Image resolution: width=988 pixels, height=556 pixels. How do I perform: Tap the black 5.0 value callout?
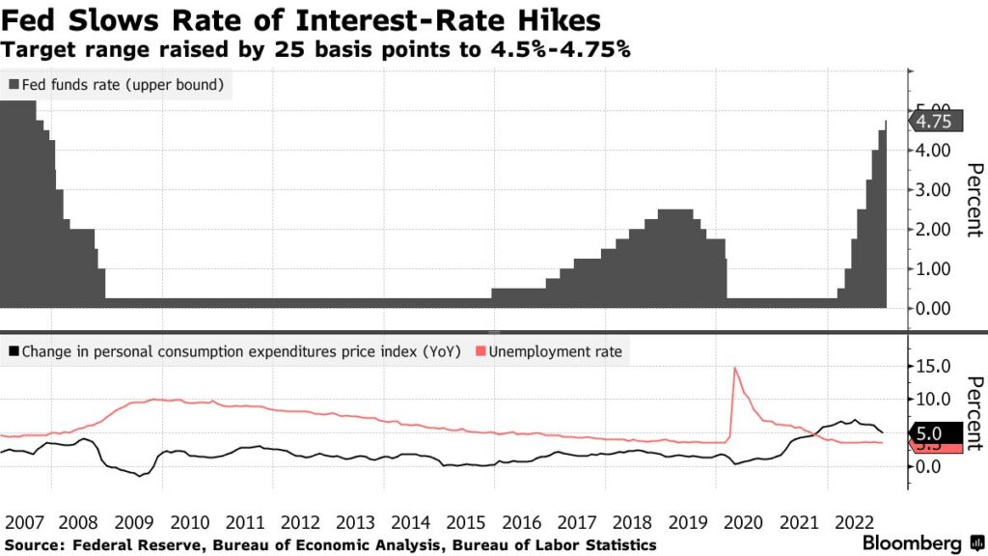click(934, 434)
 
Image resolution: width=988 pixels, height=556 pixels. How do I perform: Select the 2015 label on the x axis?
click(467, 522)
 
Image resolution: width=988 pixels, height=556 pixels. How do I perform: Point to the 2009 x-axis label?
click(135, 522)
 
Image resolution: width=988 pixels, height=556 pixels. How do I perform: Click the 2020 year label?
click(743, 522)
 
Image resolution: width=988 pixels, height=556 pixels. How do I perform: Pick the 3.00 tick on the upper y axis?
click(932, 190)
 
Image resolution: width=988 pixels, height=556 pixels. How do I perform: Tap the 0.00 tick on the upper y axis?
click(932, 309)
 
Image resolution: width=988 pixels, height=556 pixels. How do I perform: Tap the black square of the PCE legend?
click(13, 351)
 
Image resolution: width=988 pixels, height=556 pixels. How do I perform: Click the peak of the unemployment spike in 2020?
click(735, 368)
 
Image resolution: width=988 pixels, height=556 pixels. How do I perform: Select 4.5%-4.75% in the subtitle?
click(570, 47)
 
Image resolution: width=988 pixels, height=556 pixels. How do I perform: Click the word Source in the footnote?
click(30, 545)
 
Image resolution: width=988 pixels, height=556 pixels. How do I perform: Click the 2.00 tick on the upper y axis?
click(932, 230)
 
